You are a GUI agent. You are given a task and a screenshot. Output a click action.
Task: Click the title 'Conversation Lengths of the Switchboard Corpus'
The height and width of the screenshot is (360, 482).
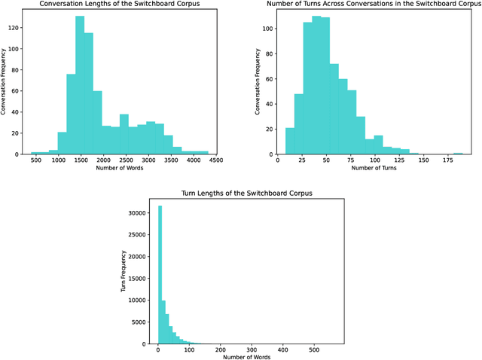(123, 5)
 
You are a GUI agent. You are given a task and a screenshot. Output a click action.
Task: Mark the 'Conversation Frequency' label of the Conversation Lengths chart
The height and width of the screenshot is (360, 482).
(5, 82)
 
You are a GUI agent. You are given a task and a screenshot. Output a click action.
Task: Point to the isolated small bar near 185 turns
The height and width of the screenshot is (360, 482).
(458, 153)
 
